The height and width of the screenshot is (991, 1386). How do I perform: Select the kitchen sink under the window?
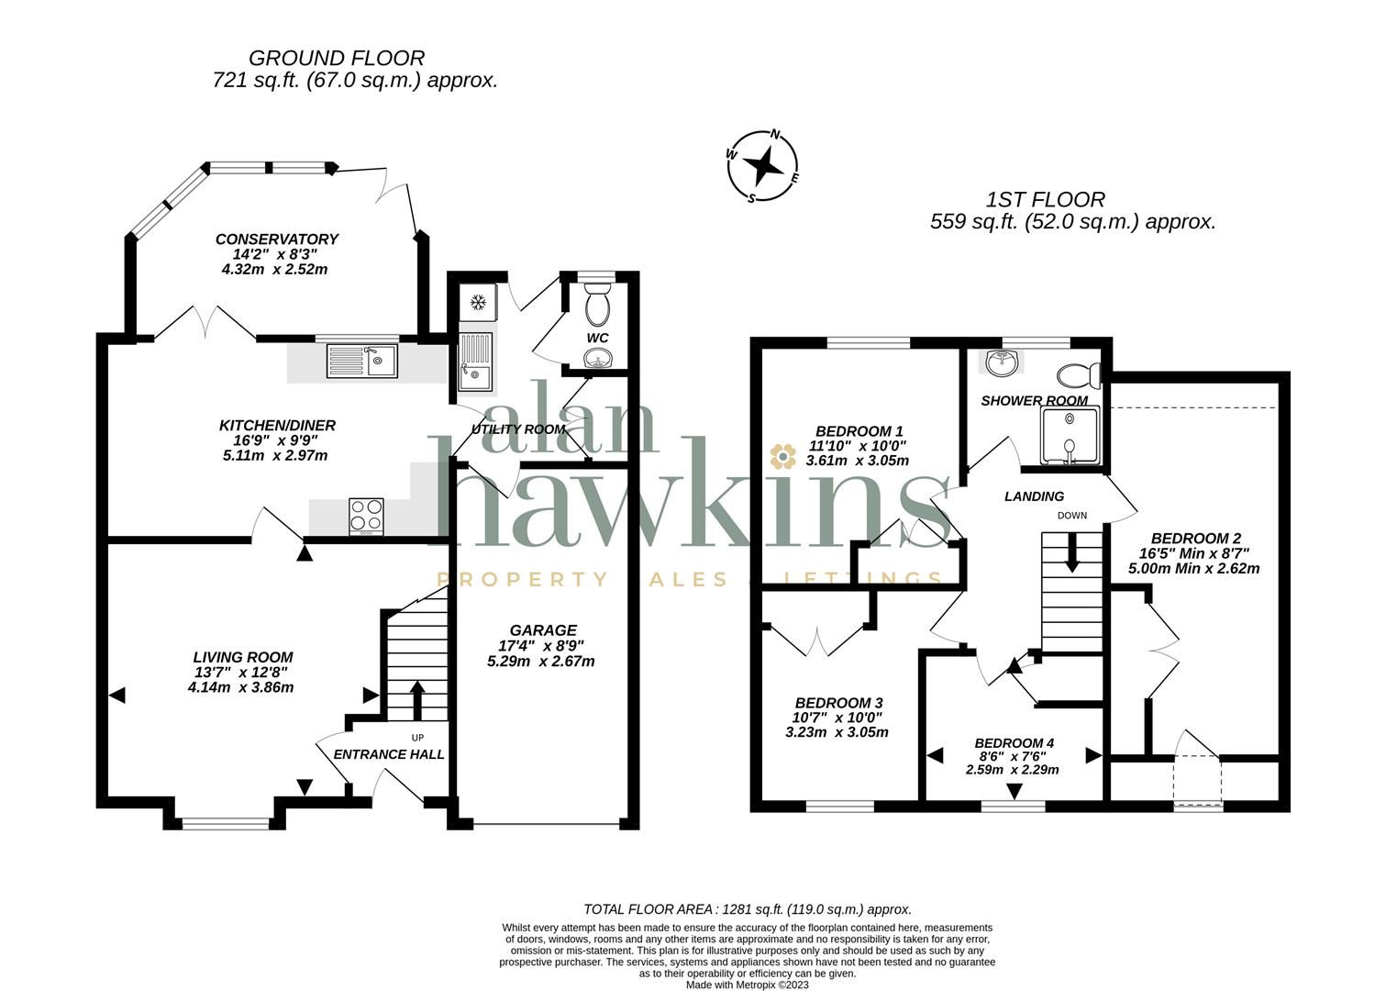(x=361, y=360)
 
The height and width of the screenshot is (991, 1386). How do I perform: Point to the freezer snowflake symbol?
(x=477, y=302)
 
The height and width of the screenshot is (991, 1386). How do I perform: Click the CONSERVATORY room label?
(x=276, y=239)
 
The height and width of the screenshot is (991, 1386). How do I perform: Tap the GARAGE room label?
(x=543, y=630)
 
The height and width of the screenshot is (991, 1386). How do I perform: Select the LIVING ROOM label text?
(x=243, y=657)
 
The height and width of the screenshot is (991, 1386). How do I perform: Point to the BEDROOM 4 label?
(x=1014, y=743)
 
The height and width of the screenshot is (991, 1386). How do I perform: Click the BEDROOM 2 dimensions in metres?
(x=1193, y=568)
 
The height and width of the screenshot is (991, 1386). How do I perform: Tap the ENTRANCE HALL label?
(x=388, y=754)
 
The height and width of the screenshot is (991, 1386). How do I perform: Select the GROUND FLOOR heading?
(x=337, y=59)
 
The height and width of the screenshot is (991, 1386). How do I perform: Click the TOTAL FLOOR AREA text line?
(x=748, y=909)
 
